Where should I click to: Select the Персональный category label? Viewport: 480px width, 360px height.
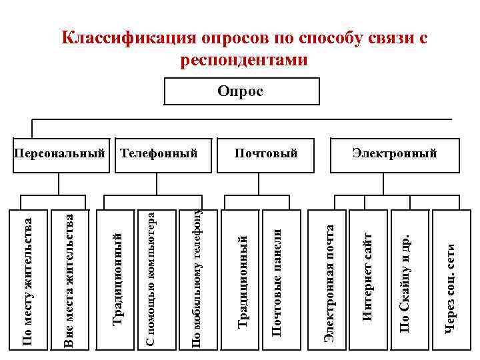[60, 154]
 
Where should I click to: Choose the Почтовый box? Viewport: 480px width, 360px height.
[265, 154]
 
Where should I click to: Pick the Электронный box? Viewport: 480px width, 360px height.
[395, 154]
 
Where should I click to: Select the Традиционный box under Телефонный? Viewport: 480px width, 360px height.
[117, 280]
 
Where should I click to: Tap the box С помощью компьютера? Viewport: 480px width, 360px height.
[151, 280]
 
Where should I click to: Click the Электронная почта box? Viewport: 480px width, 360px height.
[328, 280]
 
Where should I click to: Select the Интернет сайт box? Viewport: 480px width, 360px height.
[367, 280]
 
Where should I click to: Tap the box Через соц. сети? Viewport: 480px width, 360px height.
[451, 280]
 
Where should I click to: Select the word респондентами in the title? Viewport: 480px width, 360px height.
[244, 60]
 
